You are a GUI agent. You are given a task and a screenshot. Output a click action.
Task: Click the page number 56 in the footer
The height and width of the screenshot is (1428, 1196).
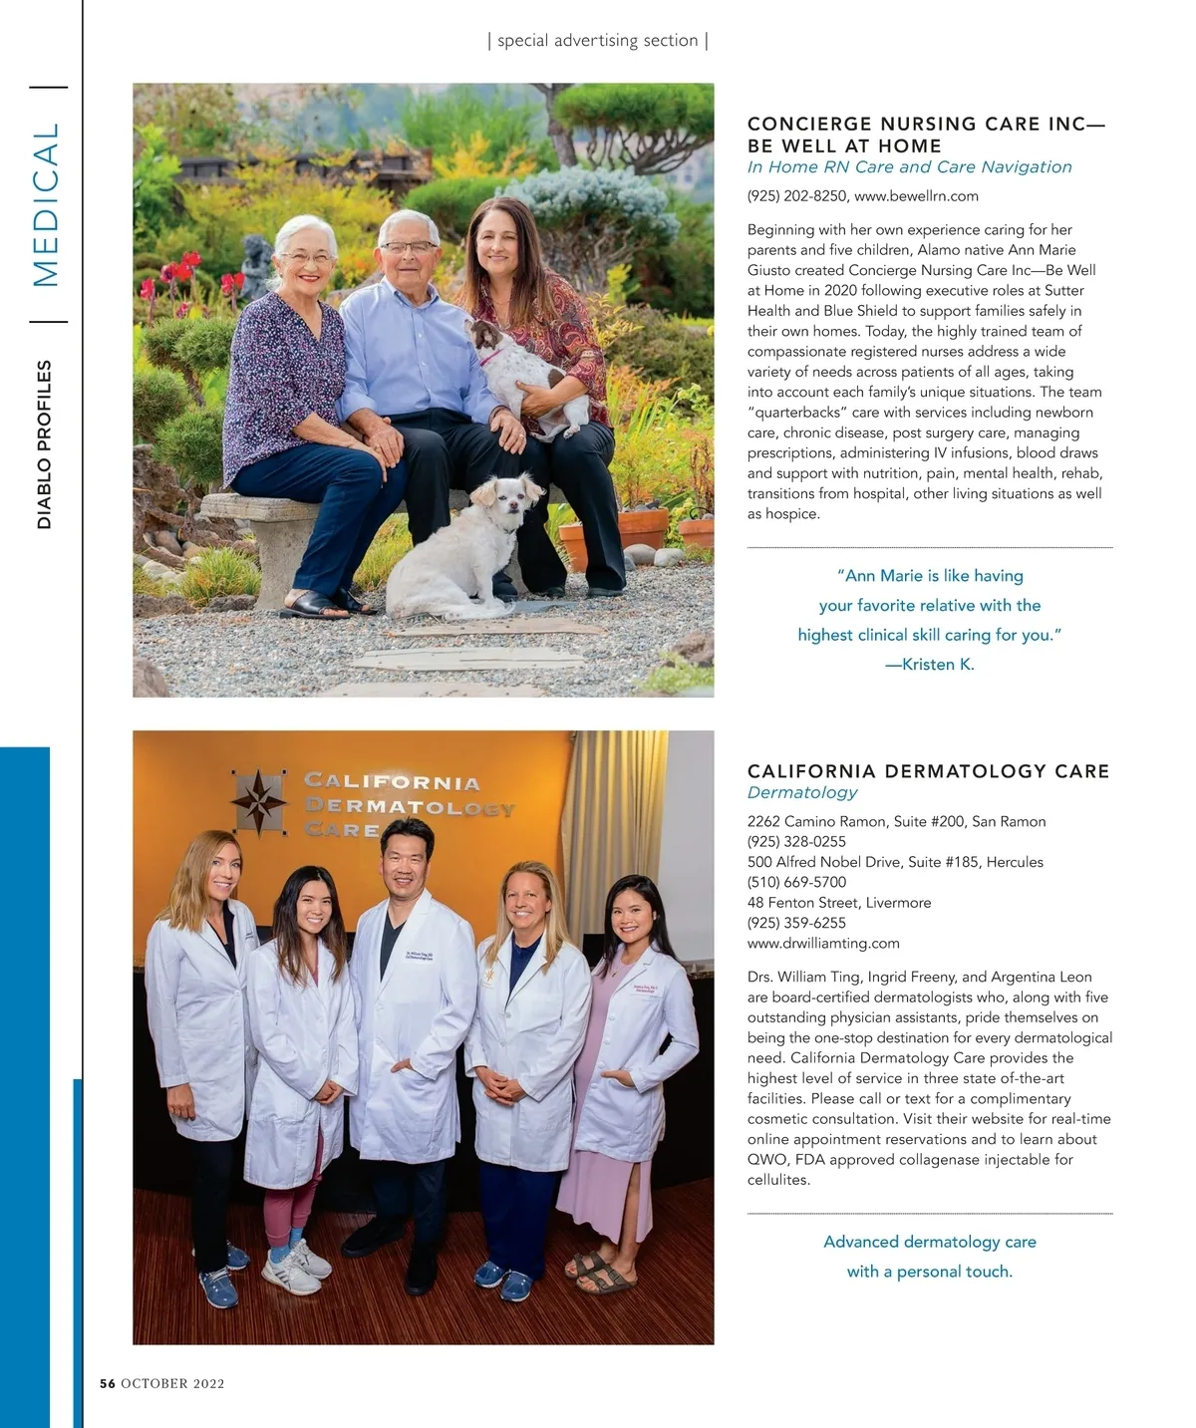(x=108, y=1383)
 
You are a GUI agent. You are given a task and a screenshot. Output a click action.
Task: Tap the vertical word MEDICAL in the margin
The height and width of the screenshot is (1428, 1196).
(x=47, y=204)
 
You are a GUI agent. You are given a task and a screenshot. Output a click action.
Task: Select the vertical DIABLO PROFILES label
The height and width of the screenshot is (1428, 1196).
(x=44, y=444)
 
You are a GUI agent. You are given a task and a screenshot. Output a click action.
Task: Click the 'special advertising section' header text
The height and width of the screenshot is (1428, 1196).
(x=597, y=41)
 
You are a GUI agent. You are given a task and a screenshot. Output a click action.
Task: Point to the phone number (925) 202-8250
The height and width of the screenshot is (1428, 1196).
(x=796, y=196)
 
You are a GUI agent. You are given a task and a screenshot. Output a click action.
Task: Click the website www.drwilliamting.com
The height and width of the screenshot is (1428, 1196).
(x=823, y=943)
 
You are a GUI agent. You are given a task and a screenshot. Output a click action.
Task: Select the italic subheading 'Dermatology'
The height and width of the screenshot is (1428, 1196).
(x=802, y=792)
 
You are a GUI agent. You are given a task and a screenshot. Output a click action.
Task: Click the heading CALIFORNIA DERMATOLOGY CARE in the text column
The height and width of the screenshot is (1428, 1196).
(x=928, y=771)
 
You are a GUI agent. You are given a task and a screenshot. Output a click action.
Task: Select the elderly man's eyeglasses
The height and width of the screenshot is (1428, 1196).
(x=409, y=247)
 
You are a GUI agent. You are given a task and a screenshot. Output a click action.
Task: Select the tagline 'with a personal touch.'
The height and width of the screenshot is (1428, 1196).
(x=929, y=1272)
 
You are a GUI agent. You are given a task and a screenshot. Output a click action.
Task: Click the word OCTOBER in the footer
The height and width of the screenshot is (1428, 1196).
(x=154, y=1383)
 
